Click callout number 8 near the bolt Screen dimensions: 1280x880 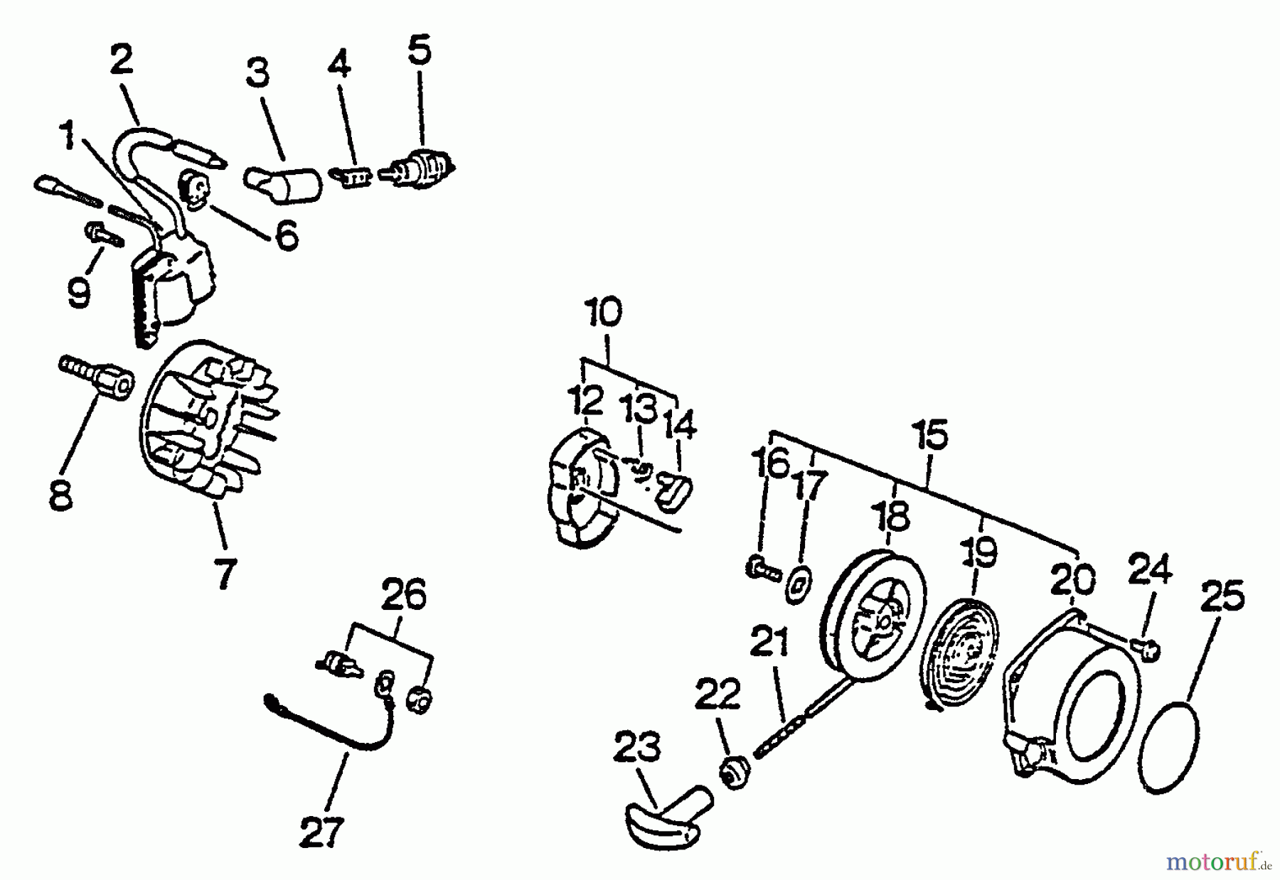[x=60, y=495]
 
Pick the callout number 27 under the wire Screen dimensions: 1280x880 [x=321, y=832]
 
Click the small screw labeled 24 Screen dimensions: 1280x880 [x=1147, y=649]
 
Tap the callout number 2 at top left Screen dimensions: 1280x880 [x=122, y=60]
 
